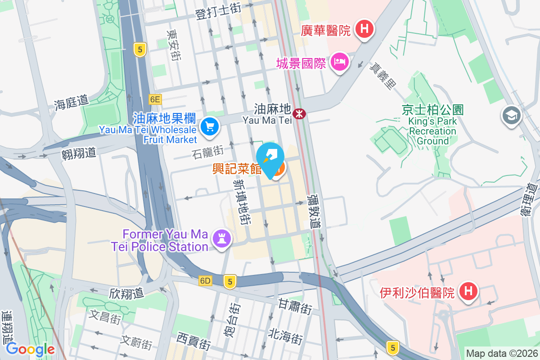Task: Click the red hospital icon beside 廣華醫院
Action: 364,30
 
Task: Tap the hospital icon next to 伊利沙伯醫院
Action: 468,292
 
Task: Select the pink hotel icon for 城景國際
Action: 340,62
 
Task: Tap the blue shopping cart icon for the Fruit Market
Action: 209,126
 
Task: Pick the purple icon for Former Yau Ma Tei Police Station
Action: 221,237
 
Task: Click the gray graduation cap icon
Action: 511,116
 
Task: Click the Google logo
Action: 30,349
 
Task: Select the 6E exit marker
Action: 155,99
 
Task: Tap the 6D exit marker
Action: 205,281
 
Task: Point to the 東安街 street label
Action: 174,45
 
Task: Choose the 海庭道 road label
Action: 71,103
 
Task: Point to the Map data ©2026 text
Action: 502,353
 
